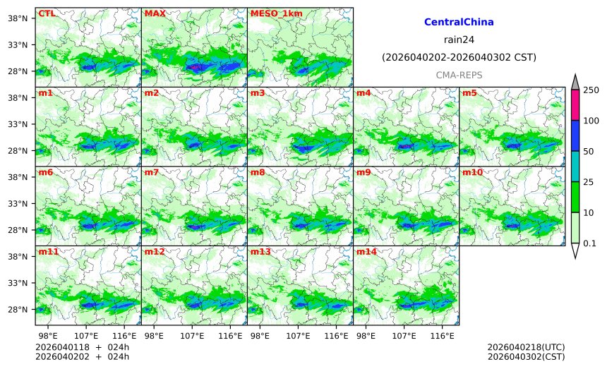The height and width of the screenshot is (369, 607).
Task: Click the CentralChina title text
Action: (x=459, y=23)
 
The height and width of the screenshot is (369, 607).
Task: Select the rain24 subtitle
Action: (x=459, y=40)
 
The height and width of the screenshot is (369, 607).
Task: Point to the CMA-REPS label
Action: (x=459, y=75)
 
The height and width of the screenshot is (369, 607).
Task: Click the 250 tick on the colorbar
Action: (x=591, y=90)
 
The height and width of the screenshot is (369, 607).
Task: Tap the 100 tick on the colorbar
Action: (x=591, y=121)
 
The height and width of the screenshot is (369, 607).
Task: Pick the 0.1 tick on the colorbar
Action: (x=591, y=243)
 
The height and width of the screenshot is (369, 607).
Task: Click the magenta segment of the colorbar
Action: (x=575, y=105)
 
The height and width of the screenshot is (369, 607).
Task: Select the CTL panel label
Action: (x=47, y=13)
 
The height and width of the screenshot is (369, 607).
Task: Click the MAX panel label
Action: (x=155, y=13)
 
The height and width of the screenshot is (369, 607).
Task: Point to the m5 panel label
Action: (x=469, y=93)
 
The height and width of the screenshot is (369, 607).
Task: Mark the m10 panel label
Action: (x=472, y=172)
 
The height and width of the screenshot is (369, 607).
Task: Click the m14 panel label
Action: (x=366, y=252)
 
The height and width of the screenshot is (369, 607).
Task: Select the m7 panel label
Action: (x=152, y=172)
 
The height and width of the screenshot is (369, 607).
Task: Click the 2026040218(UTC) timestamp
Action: (x=527, y=348)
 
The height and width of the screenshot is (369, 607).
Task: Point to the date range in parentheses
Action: (x=459, y=57)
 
